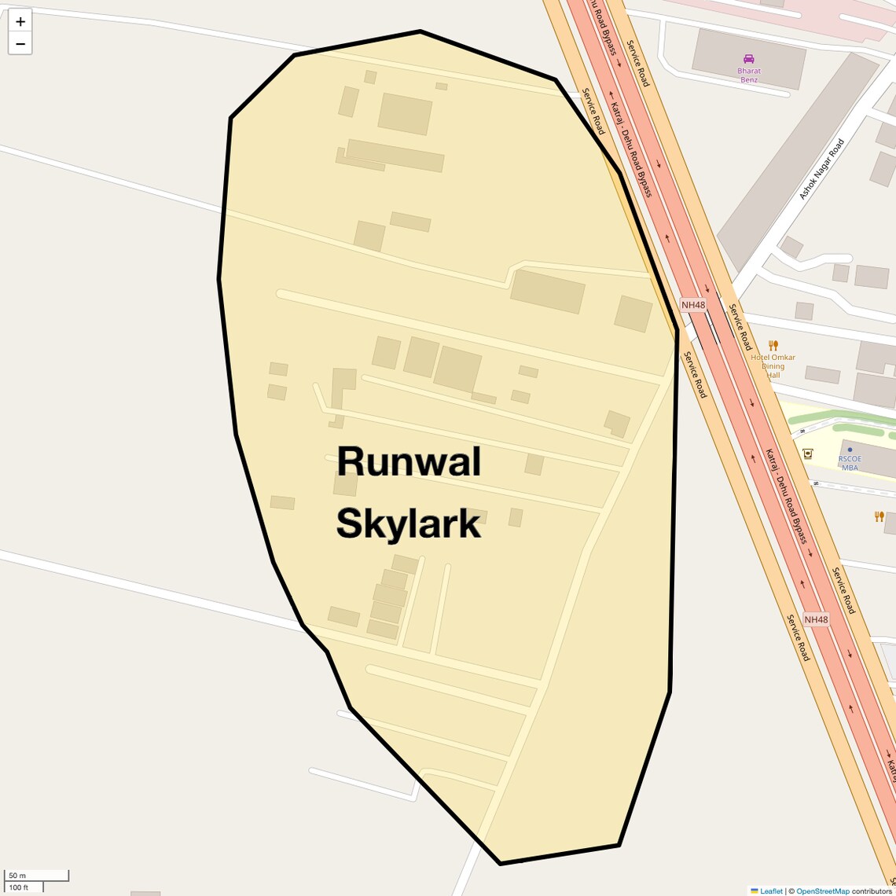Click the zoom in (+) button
(20, 22)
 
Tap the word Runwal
(408, 461)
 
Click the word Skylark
(408, 524)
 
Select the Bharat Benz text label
(749, 75)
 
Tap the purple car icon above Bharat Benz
(749, 59)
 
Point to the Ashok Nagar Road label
(821, 169)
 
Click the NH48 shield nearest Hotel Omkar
(693, 305)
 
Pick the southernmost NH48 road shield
(816, 619)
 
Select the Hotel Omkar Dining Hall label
(773, 366)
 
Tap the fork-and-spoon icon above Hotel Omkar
(773, 345)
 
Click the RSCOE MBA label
(850, 463)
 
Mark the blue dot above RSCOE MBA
(850, 450)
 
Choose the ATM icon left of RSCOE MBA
(807, 454)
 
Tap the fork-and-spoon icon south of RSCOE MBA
(879, 516)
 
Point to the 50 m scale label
(17, 876)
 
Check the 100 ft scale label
(19, 887)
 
